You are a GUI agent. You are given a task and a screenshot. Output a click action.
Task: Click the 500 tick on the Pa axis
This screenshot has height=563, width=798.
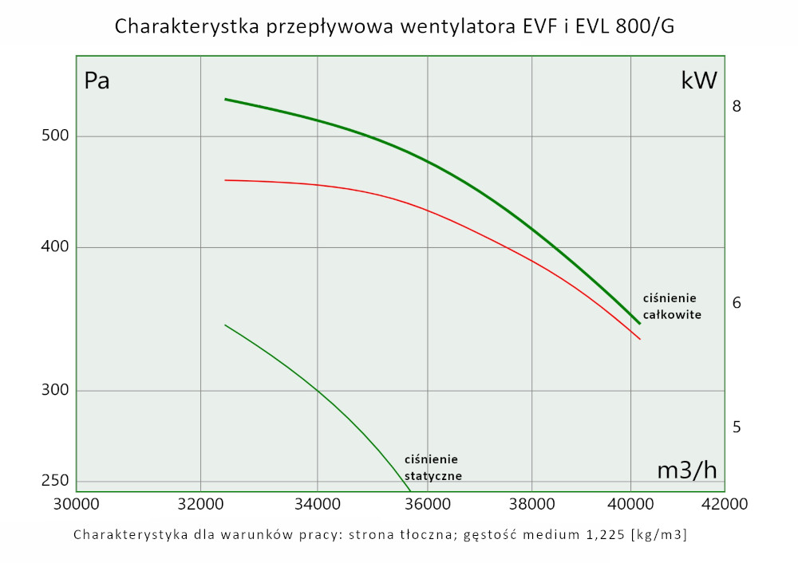pos(56,136)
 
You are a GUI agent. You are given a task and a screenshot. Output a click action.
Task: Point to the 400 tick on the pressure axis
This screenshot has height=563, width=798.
pos(56,247)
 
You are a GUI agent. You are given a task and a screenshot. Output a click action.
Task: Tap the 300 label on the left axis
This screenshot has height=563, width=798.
pos(56,391)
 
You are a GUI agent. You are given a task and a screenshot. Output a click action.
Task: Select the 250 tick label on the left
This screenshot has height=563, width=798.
pos(56,481)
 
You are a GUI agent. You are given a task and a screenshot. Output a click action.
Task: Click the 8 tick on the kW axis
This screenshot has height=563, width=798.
pos(737,106)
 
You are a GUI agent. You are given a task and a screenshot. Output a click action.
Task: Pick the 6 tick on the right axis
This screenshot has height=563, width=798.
pos(737,303)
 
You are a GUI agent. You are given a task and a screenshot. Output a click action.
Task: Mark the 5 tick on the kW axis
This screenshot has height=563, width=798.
pos(737,427)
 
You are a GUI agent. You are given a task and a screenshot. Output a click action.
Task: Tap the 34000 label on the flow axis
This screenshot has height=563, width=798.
pos(318,504)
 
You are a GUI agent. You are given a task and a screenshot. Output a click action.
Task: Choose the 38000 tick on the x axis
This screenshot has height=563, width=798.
pos(531,504)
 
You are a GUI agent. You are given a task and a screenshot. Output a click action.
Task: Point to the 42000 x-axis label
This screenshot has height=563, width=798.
pos(725,504)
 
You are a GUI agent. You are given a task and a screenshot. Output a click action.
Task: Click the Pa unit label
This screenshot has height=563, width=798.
pos(97,81)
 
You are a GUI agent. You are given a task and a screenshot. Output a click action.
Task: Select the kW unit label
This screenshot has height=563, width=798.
pos(699,81)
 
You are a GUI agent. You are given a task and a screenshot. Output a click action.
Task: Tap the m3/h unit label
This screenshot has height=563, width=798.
pos(686,470)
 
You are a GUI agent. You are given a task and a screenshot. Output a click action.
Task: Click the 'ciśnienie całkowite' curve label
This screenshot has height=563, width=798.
pos(672,306)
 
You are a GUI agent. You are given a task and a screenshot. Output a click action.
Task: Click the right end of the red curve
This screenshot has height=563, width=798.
pos(640,339)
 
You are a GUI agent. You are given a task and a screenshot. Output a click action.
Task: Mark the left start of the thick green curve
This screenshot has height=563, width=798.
pos(225,100)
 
